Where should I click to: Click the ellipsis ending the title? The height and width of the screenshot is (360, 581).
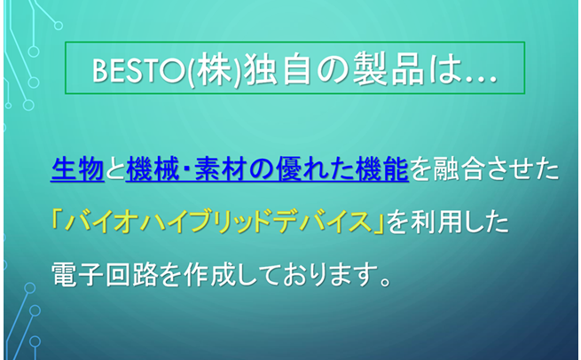[x=480, y=79]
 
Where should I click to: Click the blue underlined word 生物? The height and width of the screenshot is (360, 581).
[x=77, y=169]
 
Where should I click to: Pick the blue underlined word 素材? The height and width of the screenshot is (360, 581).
[x=220, y=169]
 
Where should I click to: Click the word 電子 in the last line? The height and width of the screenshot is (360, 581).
[x=77, y=275]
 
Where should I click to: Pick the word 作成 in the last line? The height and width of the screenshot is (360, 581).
[x=210, y=275]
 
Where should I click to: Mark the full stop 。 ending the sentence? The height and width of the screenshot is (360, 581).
[x=386, y=281]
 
